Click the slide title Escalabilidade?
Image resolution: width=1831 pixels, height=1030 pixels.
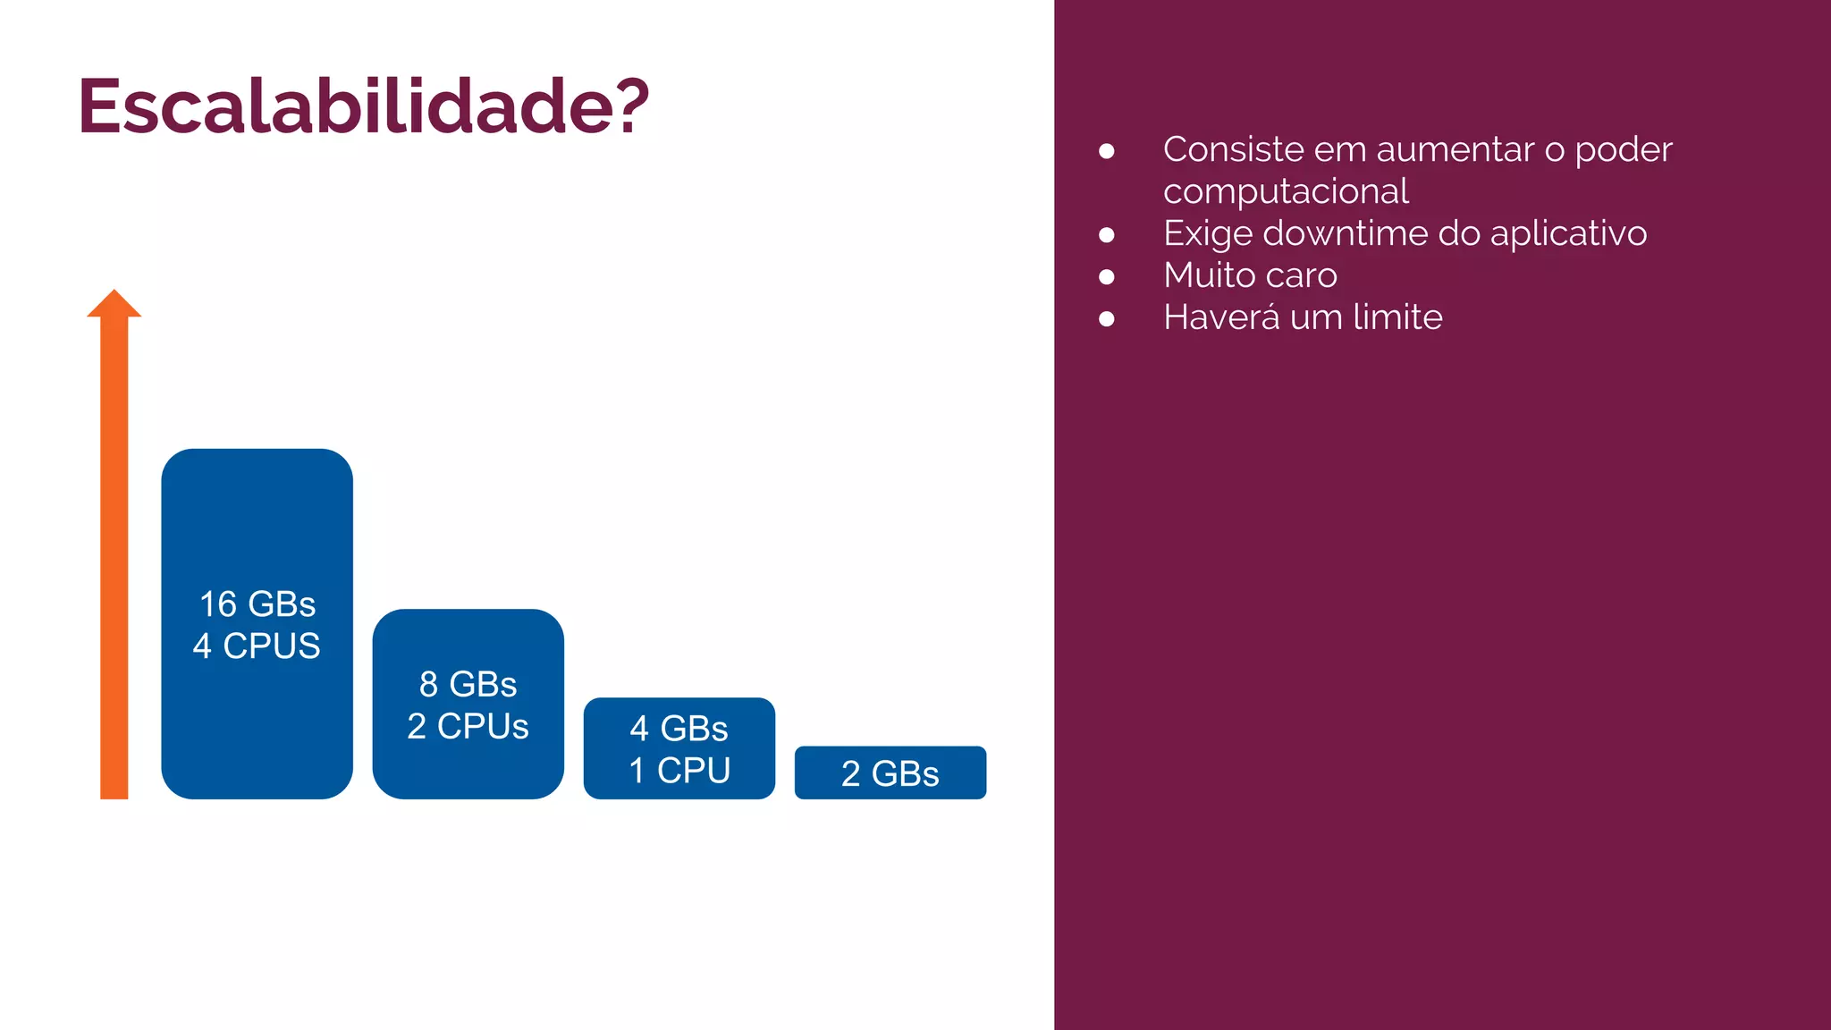[x=362, y=106]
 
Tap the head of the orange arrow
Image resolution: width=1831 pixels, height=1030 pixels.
[x=114, y=304]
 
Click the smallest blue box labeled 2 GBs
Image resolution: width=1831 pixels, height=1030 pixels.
[x=890, y=773]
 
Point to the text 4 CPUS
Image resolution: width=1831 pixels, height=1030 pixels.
[x=257, y=646]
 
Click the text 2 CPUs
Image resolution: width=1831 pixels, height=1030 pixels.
[x=468, y=727]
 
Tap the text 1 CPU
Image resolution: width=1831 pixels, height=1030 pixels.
[x=679, y=771]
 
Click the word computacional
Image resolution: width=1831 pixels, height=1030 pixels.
[x=1286, y=191]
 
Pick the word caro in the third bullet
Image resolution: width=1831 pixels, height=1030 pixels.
[x=1301, y=275]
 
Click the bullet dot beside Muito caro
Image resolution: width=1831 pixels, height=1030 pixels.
[x=1107, y=277]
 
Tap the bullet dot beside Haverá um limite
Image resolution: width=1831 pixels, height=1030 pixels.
[x=1107, y=319]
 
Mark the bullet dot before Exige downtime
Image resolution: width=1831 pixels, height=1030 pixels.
[x=1107, y=235]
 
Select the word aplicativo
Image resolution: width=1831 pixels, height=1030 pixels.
[x=1568, y=234]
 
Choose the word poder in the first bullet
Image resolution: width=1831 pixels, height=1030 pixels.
[x=1624, y=150]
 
